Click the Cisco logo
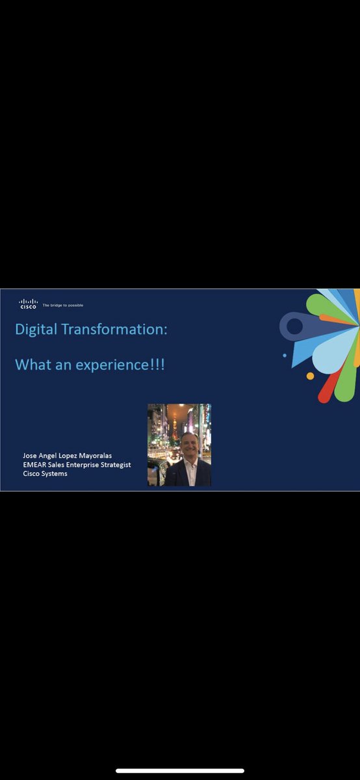coord(28,304)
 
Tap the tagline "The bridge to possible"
coord(63,305)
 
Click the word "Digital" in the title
coord(36,330)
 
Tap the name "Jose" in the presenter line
coord(30,456)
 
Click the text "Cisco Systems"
coord(45,473)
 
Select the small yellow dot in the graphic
coord(310,376)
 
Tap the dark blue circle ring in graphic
coord(294,326)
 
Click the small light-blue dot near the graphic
coord(285,356)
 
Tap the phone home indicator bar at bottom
coord(180,771)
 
